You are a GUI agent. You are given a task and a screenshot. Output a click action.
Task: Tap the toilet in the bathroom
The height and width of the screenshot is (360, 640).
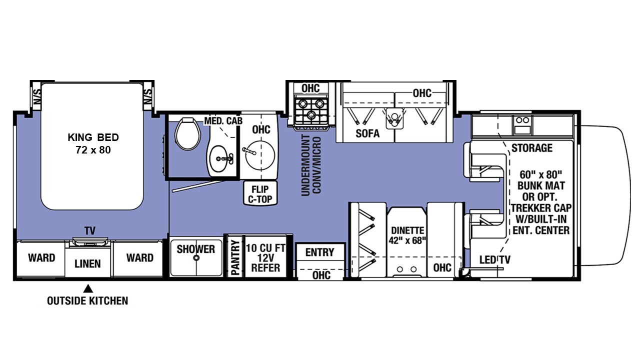pos(187,133)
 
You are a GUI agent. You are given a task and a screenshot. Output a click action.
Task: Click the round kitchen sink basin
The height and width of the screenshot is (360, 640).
pos(260,155)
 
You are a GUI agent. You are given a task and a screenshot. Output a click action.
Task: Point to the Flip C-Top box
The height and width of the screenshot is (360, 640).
pos(260,193)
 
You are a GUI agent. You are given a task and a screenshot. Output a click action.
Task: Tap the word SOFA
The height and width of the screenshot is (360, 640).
pos(367,133)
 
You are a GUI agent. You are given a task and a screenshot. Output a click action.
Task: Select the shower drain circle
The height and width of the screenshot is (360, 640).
pos(196,257)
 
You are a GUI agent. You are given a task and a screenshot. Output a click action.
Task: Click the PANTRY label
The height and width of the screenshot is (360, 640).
pos(235,257)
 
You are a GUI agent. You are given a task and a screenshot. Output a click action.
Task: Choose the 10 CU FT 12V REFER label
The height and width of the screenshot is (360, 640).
pos(265,258)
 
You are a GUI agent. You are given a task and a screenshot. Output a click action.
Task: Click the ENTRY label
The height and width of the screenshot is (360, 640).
pos(319,252)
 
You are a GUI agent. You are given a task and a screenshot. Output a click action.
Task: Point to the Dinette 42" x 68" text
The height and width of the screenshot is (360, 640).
pos(407,235)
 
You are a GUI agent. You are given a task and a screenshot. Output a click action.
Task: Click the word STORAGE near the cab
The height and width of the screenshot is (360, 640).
pos(531,147)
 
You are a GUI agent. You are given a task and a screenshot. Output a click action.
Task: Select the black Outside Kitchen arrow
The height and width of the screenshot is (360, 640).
pos(88,288)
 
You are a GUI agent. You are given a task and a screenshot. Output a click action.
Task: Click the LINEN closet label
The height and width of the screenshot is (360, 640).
pos(87,263)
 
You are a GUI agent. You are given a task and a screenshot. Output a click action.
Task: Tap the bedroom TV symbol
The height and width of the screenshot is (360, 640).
pos(89,241)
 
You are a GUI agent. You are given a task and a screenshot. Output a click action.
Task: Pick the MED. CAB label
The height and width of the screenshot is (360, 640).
pos(223,121)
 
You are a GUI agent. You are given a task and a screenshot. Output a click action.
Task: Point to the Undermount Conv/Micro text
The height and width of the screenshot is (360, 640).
pos(311,165)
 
